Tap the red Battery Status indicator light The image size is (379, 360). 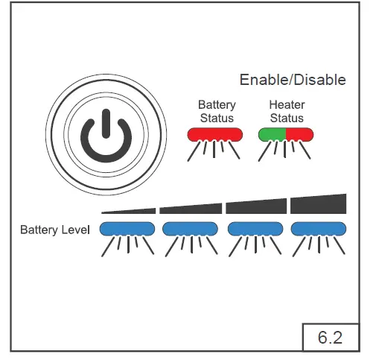pos(216,134)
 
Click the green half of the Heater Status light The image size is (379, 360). pos(273,134)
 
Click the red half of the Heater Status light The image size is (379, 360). pos(299,134)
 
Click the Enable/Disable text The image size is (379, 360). pos(293,80)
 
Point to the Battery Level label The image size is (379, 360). pos(55,230)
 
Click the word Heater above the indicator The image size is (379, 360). pos(287,106)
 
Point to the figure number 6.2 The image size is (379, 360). pos(330,337)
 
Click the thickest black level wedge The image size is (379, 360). pos(319,204)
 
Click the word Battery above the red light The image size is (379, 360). pos(216,106)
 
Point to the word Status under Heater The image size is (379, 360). pos(287,118)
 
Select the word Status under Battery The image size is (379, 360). pos(217,118)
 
